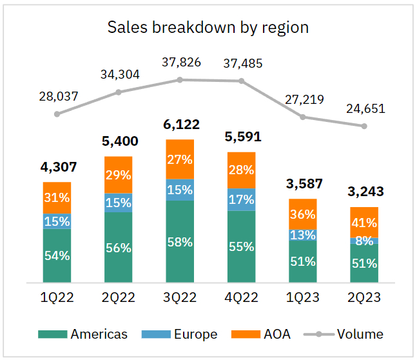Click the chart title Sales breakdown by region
(x=208, y=27)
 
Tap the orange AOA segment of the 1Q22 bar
(x=57, y=197)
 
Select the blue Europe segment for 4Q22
(x=242, y=199)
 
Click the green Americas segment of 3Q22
(x=180, y=242)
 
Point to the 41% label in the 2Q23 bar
(x=364, y=222)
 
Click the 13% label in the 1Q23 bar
(x=302, y=235)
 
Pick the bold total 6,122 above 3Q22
(x=180, y=125)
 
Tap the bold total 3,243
(x=364, y=192)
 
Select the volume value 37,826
(x=180, y=63)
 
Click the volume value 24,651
(x=364, y=108)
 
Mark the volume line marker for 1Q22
(x=57, y=114)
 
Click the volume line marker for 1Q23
(x=302, y=117)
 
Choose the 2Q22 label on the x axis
(x=118, y=298)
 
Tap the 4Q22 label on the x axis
(x=242, y=298)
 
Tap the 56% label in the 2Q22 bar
(x=118, y=248)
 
